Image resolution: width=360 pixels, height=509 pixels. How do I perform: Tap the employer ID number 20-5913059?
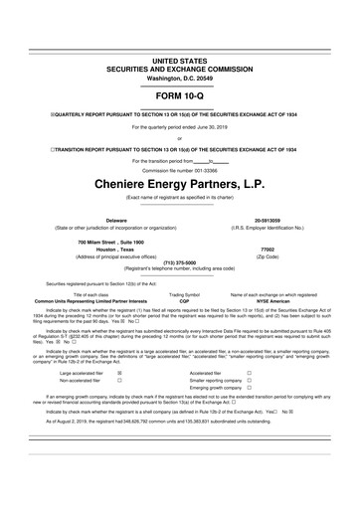273,221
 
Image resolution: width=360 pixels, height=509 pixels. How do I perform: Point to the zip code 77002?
268,250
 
